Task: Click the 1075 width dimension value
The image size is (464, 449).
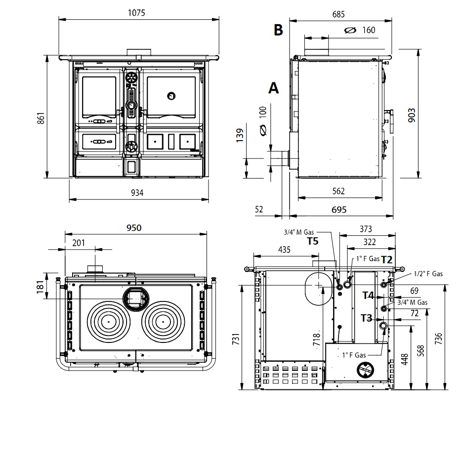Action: point(136,13)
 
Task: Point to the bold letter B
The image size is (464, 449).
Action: point(279,30)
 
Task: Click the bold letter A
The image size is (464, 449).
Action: point(273,88)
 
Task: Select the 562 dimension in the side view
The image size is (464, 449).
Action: point(338,191)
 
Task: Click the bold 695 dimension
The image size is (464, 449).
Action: point(338,210)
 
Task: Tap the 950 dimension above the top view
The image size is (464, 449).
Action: point(133,227)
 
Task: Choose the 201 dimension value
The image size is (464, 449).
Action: point(79,242)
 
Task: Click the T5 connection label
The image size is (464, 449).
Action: point(313,241)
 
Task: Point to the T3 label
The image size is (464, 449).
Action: point(366,318)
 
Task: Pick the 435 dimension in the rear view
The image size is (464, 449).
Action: point(284,250)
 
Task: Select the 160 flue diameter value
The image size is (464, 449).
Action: point(369,30)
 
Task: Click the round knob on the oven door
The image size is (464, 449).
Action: point(171,95)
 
